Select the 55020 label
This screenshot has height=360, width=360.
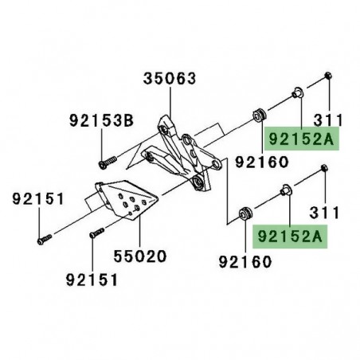(x=138, y=259)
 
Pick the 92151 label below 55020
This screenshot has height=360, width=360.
(x=92, y=280)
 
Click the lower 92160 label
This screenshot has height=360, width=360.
(x=244, y=260)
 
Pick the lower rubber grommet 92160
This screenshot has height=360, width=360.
(x=246, y=213)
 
